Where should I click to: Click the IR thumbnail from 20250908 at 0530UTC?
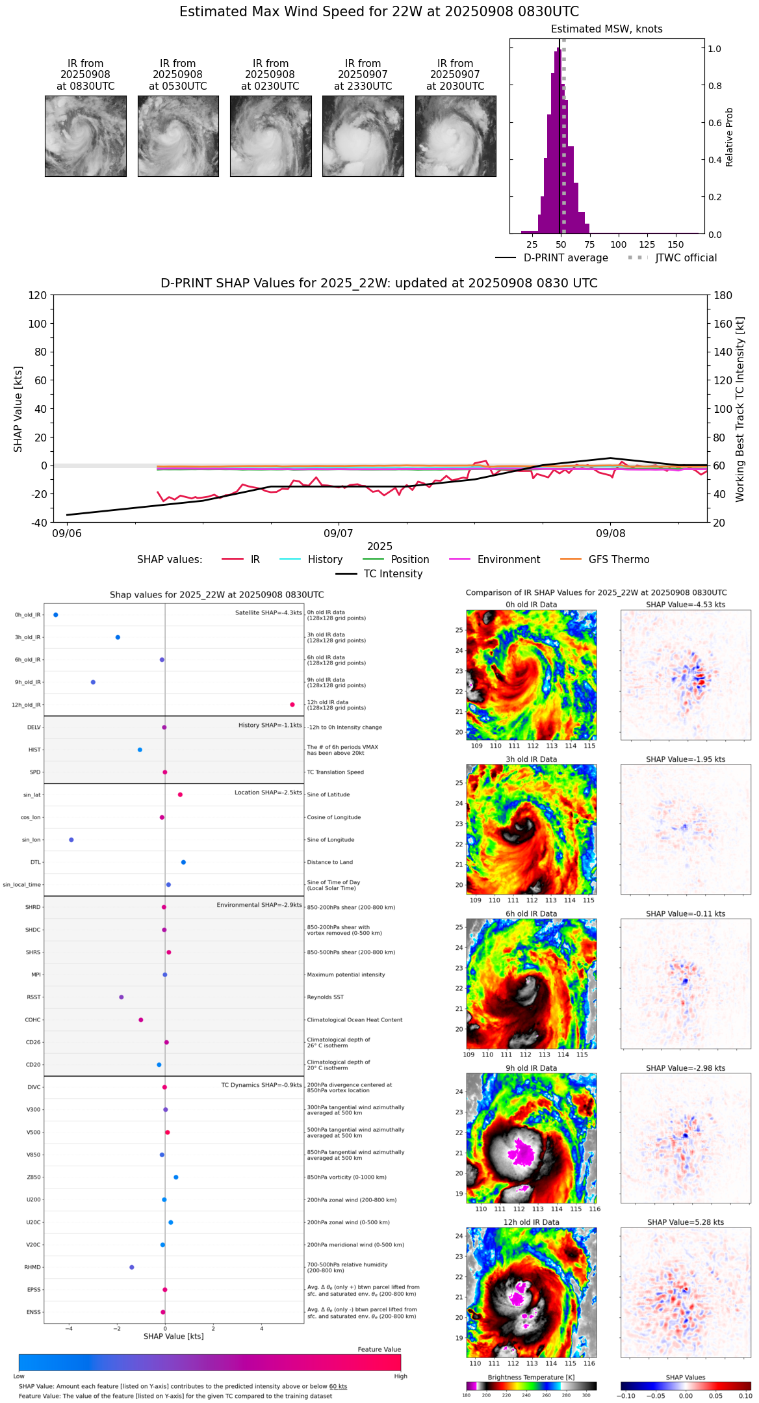178,136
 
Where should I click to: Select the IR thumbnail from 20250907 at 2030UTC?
456,136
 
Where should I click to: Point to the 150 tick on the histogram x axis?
676,244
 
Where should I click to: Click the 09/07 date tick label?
338,534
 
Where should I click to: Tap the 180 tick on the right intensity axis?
723,295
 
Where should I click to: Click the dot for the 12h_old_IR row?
292,705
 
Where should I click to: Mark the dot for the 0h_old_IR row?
56,614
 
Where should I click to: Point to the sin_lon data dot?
71,840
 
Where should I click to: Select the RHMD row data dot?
132,1267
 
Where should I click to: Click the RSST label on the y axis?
33,997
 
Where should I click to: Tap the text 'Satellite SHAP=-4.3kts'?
268,612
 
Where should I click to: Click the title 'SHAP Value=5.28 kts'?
686,1222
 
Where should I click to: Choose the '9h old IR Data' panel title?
531,1068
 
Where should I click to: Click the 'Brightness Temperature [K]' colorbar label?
531,1377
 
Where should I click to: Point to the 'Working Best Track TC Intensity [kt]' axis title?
740,410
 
